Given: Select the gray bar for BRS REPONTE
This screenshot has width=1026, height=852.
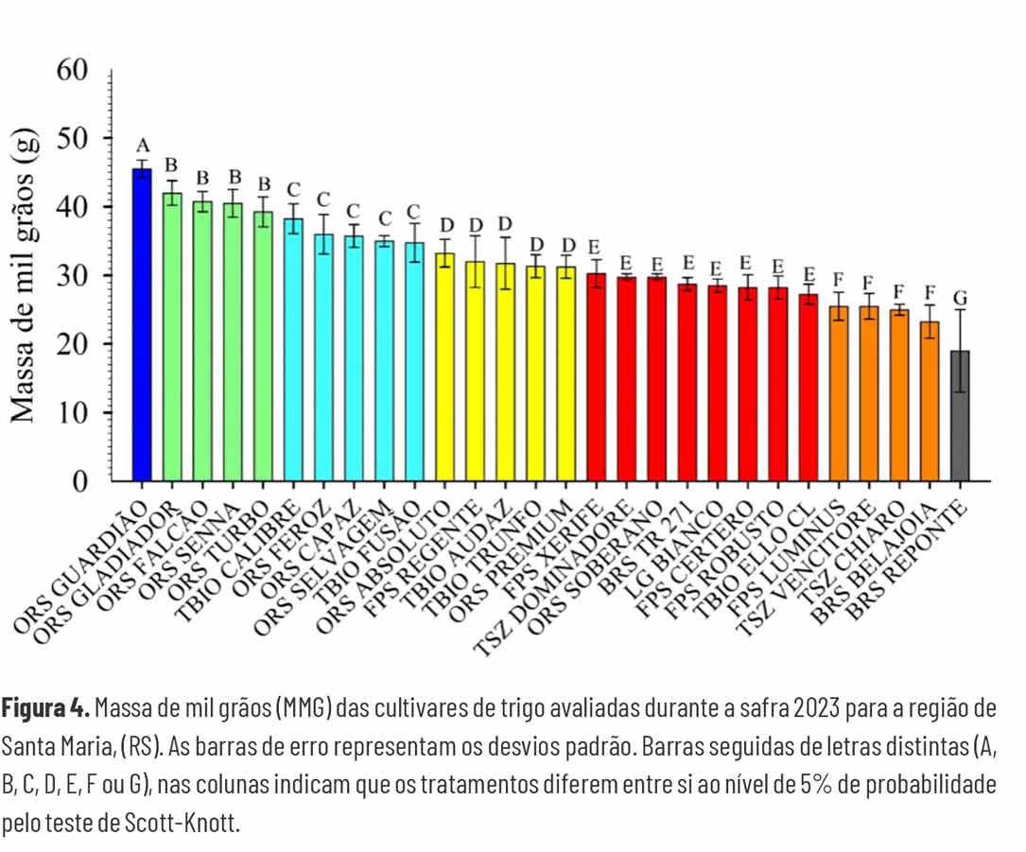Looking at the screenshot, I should coord(960,416).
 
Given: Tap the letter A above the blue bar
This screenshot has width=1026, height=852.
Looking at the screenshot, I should coord(143,146).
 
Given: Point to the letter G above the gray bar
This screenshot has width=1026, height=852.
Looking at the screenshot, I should coord(961,298).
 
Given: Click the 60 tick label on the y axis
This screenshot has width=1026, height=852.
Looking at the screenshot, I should coord(72,71).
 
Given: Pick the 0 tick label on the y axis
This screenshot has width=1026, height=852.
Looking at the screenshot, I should coord(81,481).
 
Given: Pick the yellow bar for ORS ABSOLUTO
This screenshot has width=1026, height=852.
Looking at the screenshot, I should coord(444,369).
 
